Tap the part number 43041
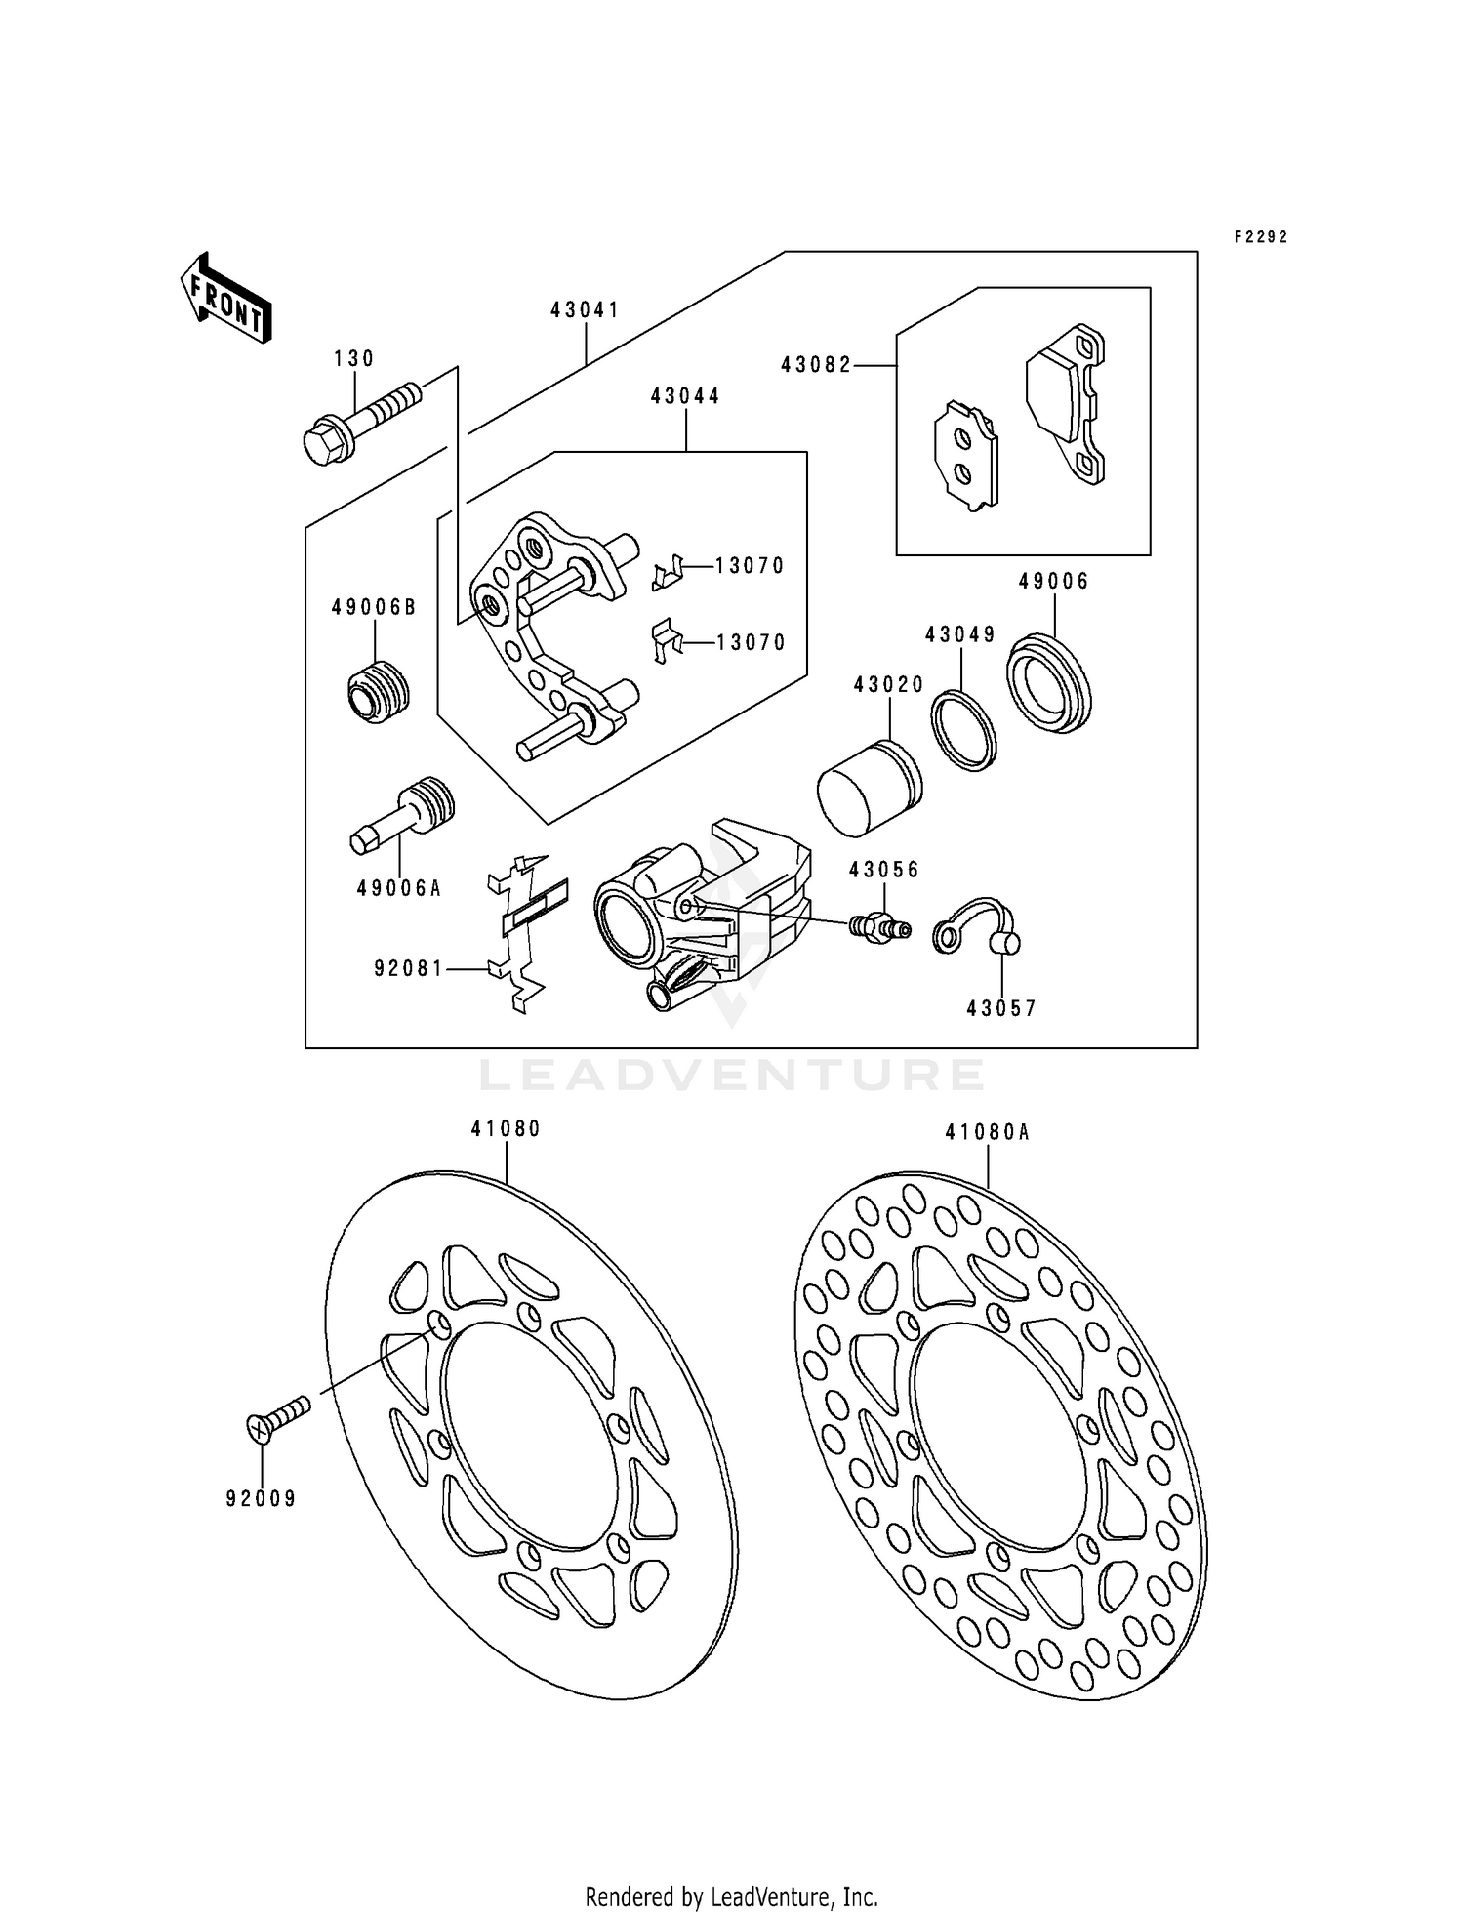(585, 310)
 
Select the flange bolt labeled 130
(361, 423)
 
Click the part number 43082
(816, 365)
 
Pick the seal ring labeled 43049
(963, 730)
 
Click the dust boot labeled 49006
(1048, 682)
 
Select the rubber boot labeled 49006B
(378, 690)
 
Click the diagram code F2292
(1260, 237)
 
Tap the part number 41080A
(987, 1132)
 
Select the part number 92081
(408, 968)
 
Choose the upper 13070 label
(750, 566)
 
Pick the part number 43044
(685, 396)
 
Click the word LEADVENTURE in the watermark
(732, 1075)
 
